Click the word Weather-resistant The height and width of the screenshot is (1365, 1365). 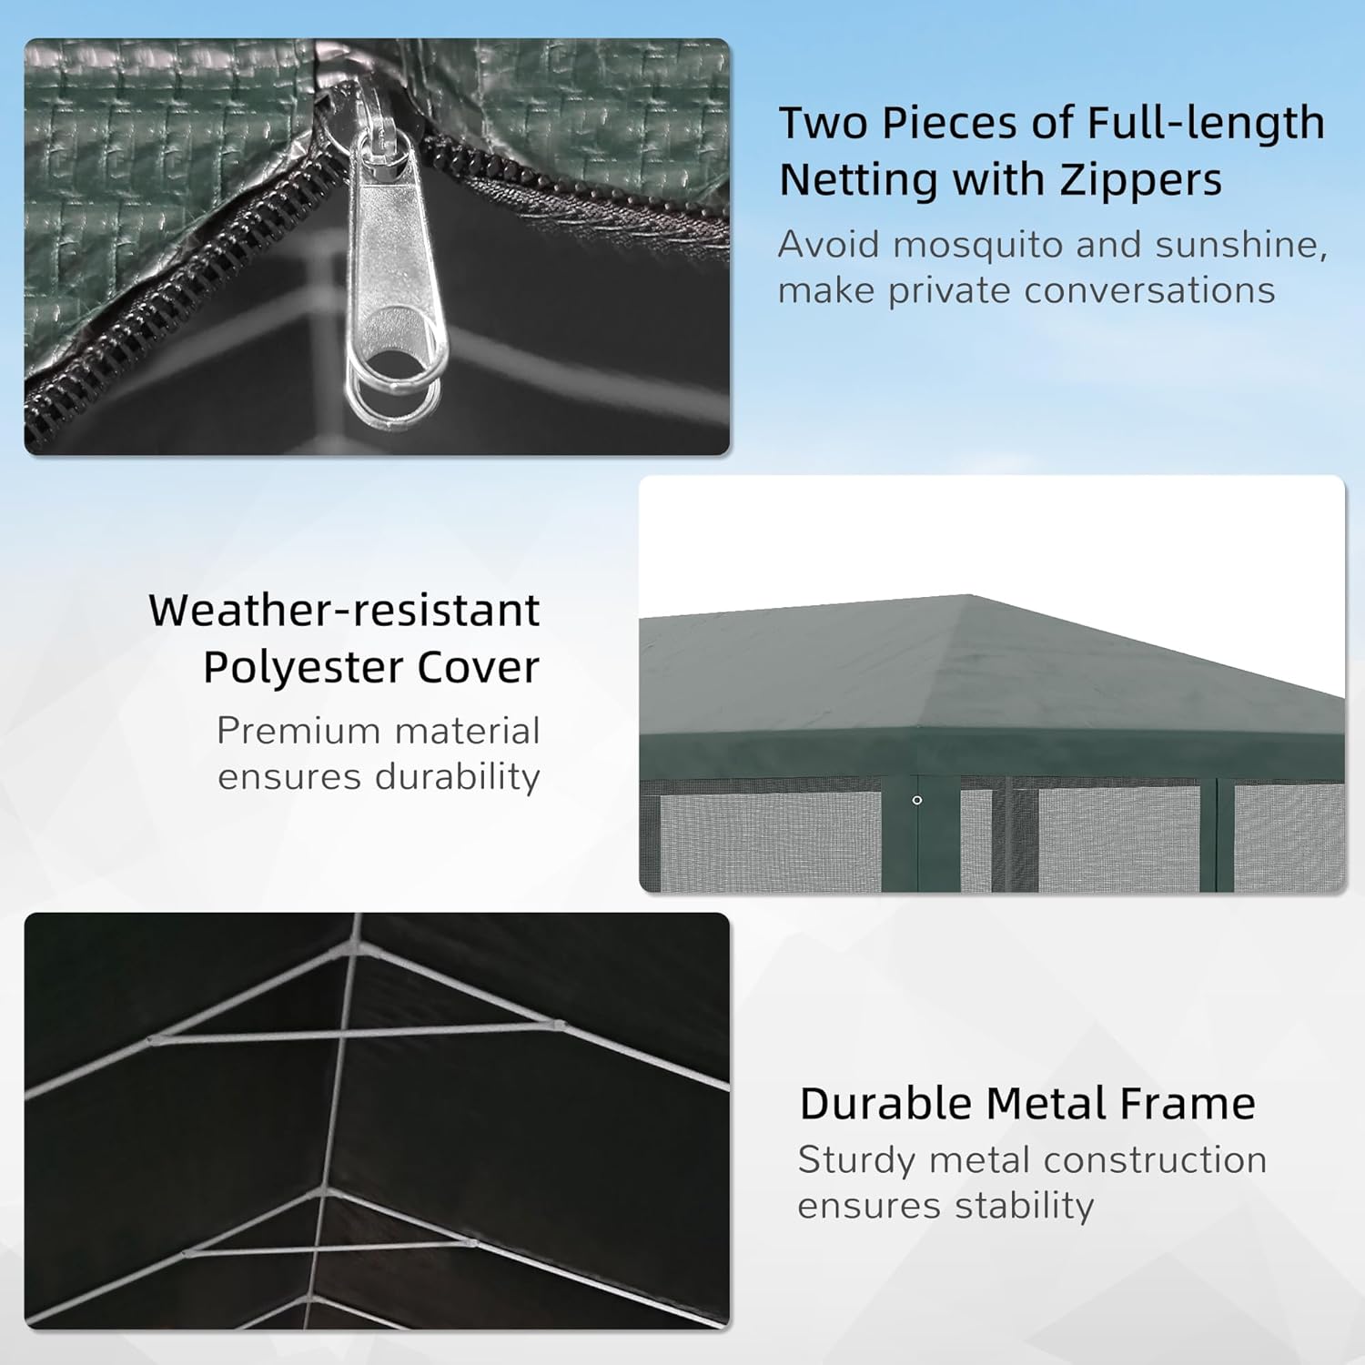point(344,611)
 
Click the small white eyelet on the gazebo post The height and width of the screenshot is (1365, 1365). point(917,800)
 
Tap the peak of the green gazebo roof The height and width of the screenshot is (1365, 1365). point(967,597)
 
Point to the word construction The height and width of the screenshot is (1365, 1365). point(1155,1160)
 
